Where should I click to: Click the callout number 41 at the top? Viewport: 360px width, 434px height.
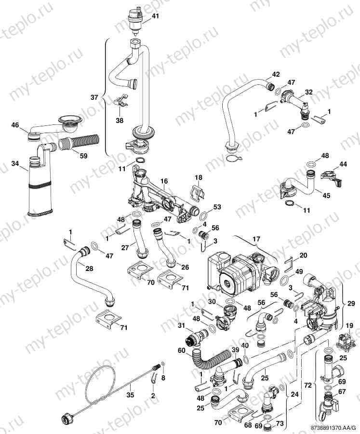(x=155, y=16)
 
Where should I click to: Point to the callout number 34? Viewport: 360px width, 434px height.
(x=16, y=164)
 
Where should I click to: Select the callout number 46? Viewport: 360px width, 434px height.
(x=16, y=125)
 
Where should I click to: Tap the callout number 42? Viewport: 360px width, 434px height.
(x=276, y=74)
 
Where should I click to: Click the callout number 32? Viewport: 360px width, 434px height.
(x=308, y=91)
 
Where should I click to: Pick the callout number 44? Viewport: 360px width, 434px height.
(x=343, y=164)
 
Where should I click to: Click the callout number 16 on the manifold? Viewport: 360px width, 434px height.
(x=164, y=181)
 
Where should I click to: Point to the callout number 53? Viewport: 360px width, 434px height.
(x=217, y=207)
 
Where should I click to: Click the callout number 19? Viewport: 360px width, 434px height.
(x=349, y=326)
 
